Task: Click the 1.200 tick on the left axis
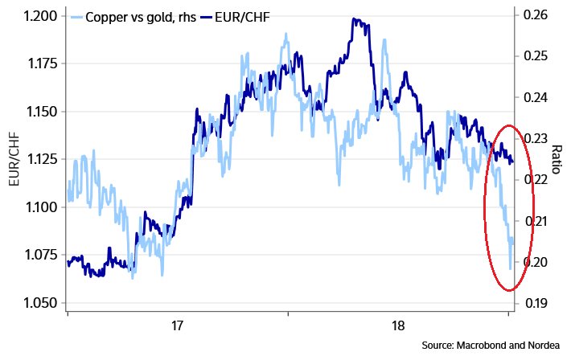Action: click(x=38, y=16)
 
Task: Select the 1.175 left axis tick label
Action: click(x=38, y=63)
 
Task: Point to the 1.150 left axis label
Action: click(x=38, y=112)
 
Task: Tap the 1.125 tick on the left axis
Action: click(x=38, y=159)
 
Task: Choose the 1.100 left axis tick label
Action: click(x=38, y=207)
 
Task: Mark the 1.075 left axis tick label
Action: click(x=38, y=255)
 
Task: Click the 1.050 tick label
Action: click(x=38, y=303)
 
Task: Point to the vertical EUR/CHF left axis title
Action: click(x=14, y=159)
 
